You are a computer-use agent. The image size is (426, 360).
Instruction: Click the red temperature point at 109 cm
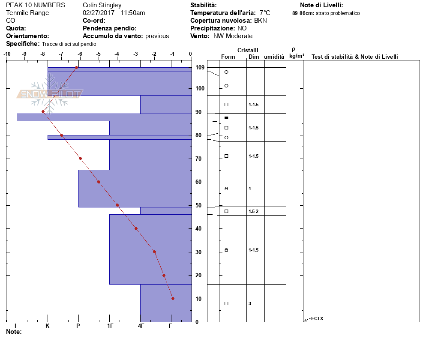(77, 67)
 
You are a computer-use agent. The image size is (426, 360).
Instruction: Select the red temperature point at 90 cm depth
(43, 112)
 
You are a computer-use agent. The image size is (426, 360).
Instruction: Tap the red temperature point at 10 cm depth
(173, 299)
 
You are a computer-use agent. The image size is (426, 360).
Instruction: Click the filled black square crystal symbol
(226, 118)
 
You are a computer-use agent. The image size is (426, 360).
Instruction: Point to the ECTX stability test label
(317, 318)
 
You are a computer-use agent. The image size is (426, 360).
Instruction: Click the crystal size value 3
(250, 303)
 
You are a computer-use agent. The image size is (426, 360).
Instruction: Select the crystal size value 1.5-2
(253, 211)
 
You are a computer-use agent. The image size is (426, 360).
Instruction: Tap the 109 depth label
(200, 67)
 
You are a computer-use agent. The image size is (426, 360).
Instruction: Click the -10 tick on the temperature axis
(7, 54)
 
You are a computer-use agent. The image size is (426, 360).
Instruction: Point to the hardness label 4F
(141, 326)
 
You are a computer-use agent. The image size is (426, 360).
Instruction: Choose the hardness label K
(47, 326)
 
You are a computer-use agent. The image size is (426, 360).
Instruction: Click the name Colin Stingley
(102, 5)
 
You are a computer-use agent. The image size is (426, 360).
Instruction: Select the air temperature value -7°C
(264, 13)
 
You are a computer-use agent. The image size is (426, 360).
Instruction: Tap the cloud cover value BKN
(260, 21)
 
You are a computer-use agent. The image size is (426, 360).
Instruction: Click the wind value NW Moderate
(233, 36)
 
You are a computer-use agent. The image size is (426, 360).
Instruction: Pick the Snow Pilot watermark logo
(50, 93)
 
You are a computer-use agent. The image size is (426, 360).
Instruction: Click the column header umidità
(274, 57)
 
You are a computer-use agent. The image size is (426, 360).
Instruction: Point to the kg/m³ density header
(297, 56)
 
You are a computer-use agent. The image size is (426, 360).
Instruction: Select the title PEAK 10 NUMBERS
(36, 5)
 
